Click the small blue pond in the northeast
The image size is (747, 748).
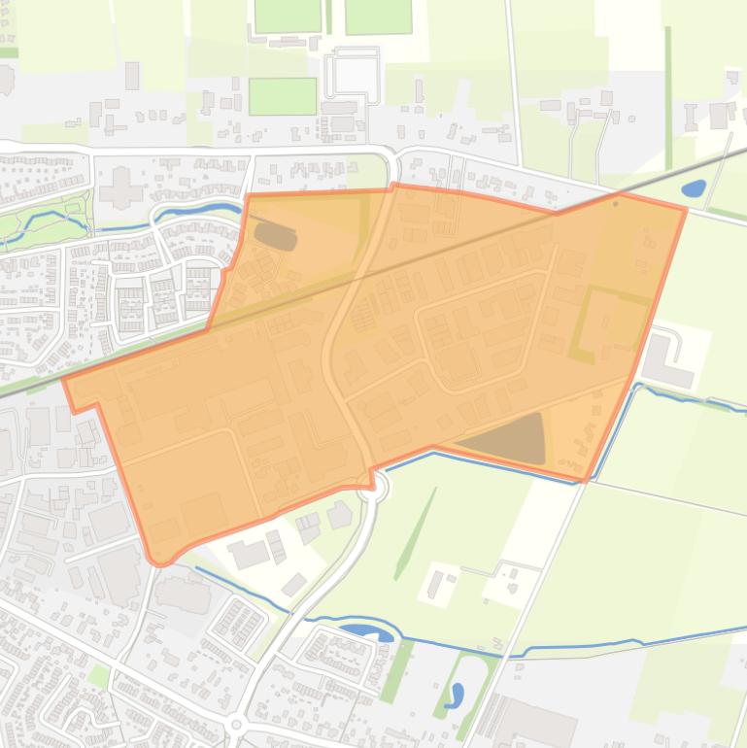(x=694, y=187)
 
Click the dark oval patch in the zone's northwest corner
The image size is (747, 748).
(x=275, y=235)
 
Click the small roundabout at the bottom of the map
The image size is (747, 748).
(x=236, y=726)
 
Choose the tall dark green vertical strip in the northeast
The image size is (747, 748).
(x=668, y=97)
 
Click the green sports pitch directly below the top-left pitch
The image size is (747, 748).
(x=282, y=96)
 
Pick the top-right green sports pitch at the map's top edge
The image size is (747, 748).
(x=378, y=16)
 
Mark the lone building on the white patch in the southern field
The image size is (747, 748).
(x=435, y=584)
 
